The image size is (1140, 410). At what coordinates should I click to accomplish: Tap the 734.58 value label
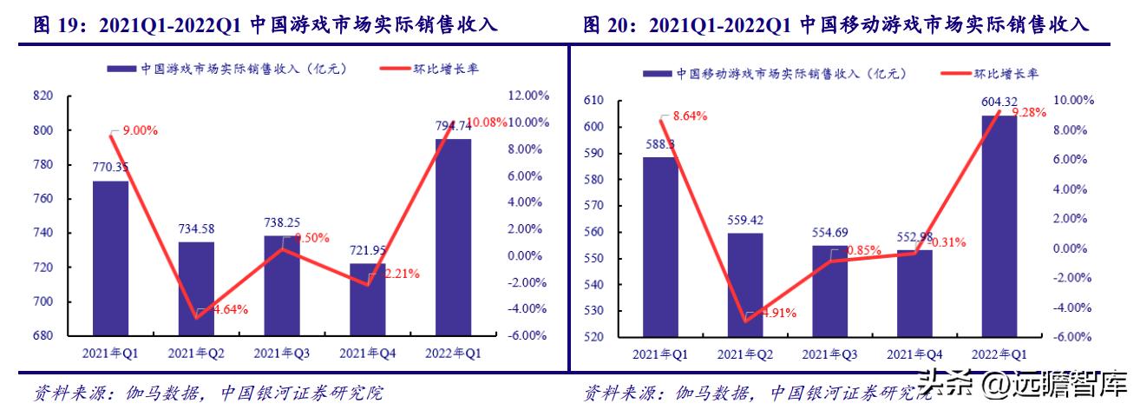click(196, 228)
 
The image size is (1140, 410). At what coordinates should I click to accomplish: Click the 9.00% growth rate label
click(139, 130)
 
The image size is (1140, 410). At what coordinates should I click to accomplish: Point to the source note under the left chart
click(208, 393)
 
